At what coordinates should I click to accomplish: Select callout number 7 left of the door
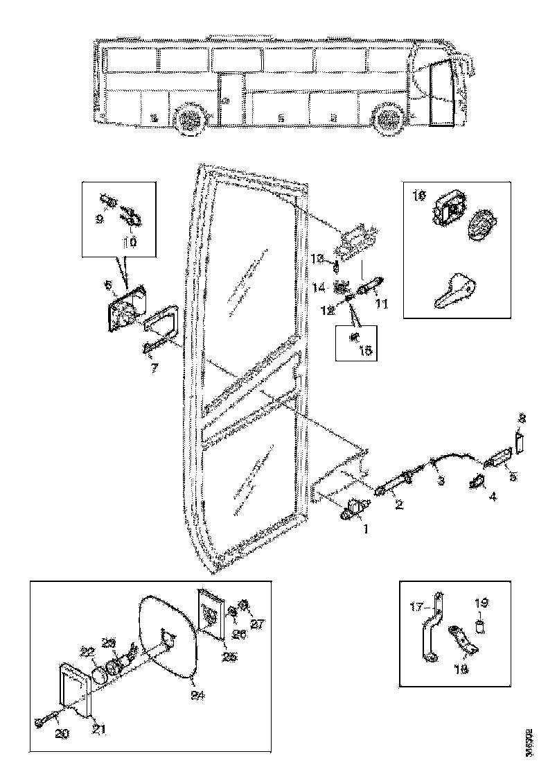click(154, 368)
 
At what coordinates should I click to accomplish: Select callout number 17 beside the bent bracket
click(417, 606)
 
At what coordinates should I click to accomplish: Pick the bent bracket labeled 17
click(434, 628)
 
